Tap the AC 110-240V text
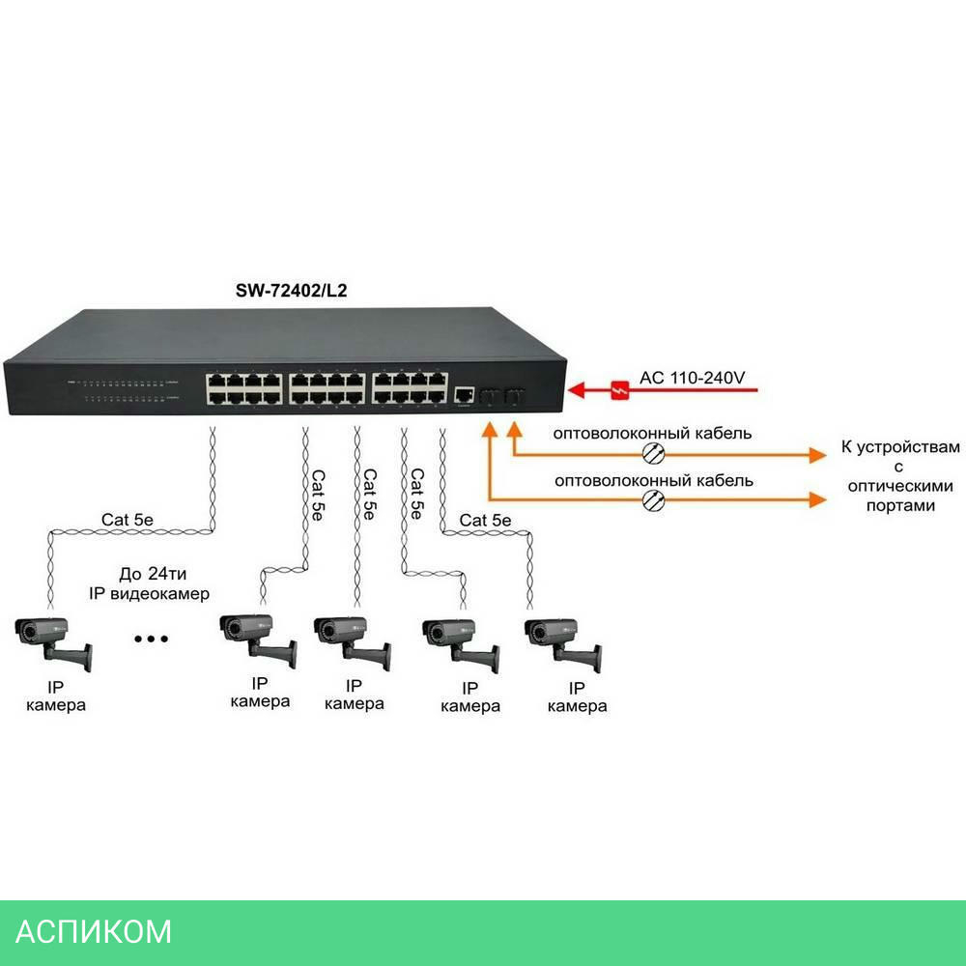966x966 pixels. (x=692, y=378)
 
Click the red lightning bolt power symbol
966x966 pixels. (x=619, y=389)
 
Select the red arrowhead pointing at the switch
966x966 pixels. (x=579, y=389)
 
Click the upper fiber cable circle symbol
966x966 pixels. (x=655, y=453)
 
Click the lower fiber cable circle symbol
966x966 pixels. (x=655, y=499)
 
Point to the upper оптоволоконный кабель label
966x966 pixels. (x=652, y=433)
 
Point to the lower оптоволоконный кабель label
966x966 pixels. (x=652, y=479)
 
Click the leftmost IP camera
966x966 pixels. (x=53, y=639)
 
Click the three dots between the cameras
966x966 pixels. (x=151, y=639)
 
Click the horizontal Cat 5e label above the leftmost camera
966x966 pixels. (x=128, y=520)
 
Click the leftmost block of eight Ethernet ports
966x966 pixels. (x=243, y=387)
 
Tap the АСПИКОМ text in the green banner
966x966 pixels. (x=95, y=931)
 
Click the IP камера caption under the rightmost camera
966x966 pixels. (x=577, y=696)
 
